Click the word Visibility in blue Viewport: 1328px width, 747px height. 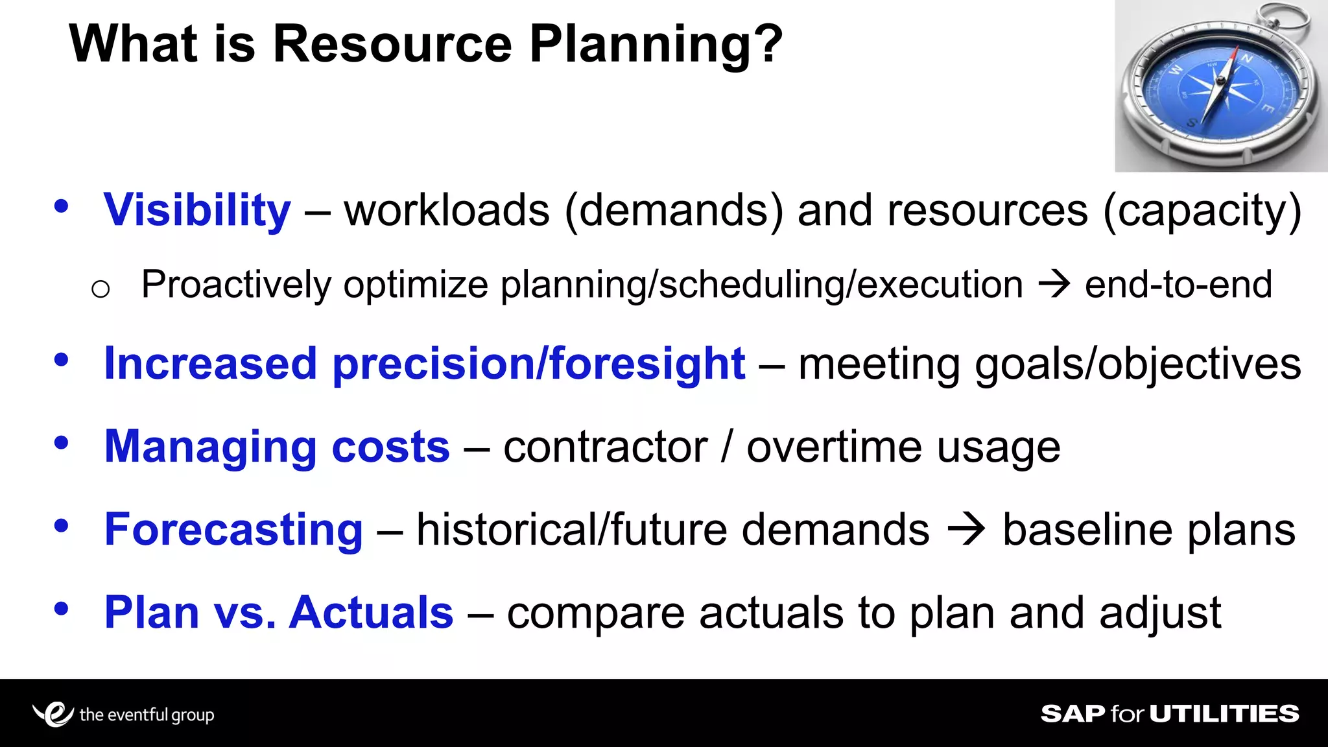197,211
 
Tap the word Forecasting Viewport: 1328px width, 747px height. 233,530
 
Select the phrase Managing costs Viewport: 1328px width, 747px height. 277,447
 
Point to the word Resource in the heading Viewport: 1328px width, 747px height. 392,44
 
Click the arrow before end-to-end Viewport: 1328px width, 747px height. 1054,285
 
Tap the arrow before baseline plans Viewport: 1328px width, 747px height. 966,529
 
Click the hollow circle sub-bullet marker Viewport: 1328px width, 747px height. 101,289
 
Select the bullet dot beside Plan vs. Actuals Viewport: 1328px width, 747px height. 62,609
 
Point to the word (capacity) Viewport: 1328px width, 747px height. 1202,211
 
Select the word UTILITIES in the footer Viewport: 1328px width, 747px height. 1224,714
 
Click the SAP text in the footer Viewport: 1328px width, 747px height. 1073,714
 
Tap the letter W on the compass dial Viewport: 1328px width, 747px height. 1176,70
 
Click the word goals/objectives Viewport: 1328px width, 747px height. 1137,364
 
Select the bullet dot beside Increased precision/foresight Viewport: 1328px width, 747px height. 62,360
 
